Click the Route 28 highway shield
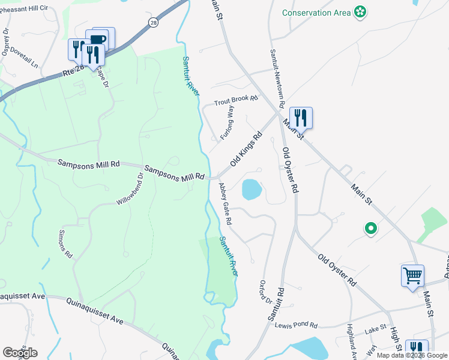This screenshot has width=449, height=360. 153,22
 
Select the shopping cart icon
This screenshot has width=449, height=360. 413,276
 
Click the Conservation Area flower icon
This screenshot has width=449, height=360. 360,12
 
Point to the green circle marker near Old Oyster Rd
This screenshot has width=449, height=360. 371,228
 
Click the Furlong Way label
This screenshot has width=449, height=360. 226,122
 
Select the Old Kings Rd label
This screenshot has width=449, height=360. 247,150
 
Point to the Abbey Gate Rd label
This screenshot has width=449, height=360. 226,204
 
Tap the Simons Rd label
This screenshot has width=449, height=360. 65,244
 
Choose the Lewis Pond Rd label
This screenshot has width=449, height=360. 296,325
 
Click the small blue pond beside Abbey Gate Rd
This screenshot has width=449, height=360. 251,190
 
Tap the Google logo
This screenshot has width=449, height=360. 20,352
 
